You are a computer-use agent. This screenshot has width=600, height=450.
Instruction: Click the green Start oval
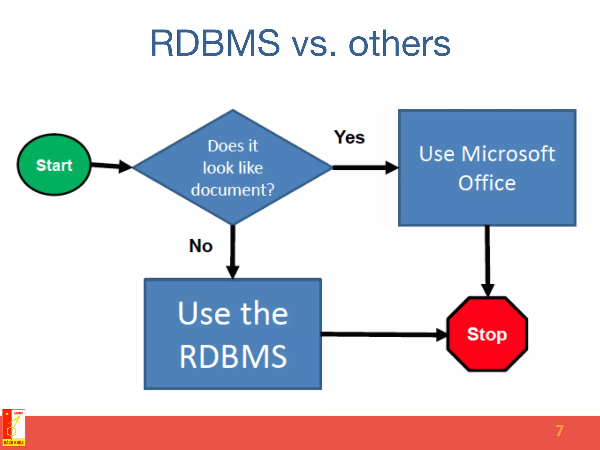click(x=54, y=165)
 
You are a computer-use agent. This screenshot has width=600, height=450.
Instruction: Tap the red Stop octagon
click(x=487, y=334)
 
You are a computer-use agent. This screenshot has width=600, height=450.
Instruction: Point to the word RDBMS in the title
click(x=215, y=43)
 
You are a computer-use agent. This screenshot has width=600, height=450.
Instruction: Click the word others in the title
click(x=399, y=44)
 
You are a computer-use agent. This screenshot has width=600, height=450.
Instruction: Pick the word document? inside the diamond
click(x=233, y=190)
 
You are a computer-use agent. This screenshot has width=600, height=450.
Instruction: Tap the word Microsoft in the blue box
click(x=508, y=154)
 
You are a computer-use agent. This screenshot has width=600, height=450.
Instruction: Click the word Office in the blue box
click(x=487, y=183)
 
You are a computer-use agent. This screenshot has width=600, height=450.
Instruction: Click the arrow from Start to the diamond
click(x=111, y=166)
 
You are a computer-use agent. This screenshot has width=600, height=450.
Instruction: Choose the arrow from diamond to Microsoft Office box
click(x=365, y=168)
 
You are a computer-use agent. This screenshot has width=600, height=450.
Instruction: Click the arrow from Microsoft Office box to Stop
click(x=487, y=261)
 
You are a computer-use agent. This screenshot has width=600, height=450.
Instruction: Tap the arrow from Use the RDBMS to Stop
click(x=384, y=334)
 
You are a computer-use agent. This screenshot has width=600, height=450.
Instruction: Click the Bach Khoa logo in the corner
click(x=13, y=428)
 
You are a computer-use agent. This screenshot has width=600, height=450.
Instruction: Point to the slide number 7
click(x=559, y=431)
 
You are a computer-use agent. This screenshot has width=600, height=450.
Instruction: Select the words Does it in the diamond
click(x=233, y=146)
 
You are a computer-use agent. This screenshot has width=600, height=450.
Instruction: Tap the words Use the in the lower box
click(x=233, y=314)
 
